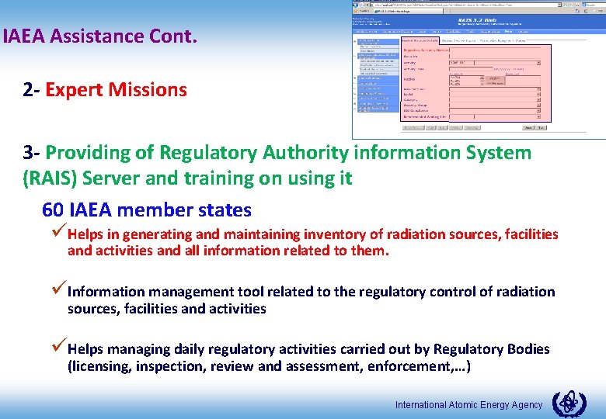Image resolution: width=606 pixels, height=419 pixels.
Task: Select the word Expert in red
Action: pyautogui.click(x=75, y=90)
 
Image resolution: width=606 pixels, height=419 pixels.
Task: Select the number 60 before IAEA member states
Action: pyautogui.click(x=53, y=210)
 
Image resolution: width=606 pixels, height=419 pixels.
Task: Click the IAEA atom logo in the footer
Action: pyautogui.click(x=569, y=404)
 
